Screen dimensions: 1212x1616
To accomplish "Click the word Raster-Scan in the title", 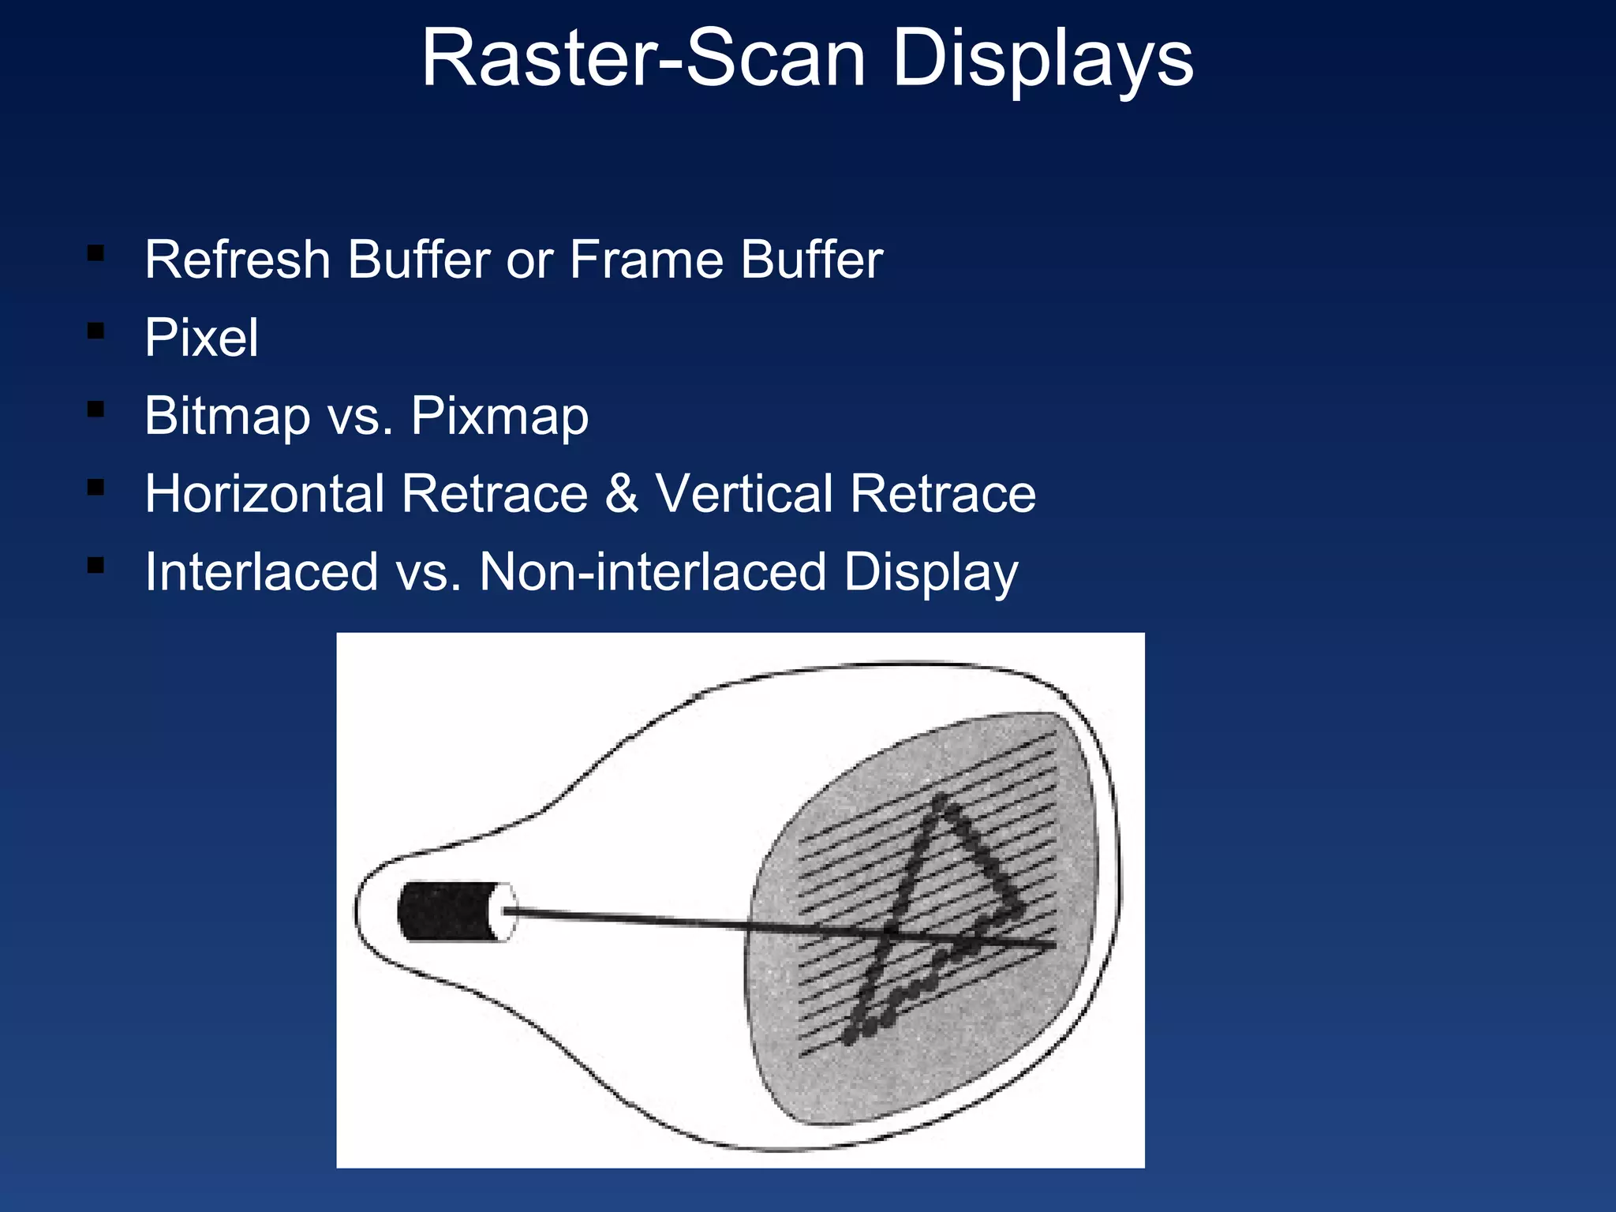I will [x=643, y=58].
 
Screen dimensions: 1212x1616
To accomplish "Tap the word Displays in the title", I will [x=1042, y=58].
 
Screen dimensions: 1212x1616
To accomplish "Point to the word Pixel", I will [x=201, y=338].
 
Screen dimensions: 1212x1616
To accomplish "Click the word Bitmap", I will [x=227, y=416].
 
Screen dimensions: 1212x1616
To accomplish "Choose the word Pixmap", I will [x=499, y=416].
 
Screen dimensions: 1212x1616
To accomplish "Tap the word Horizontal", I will [x=264, y=494].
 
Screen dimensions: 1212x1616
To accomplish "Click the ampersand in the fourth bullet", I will [x=622, y=494].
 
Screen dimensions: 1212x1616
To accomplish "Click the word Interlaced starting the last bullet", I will [x=261, y=572].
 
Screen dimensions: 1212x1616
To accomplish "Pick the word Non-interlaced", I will [x=653, y=572].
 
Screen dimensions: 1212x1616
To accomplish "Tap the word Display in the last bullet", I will [x=931, y=572].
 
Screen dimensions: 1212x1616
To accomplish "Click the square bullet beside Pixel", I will [x=96, y=331].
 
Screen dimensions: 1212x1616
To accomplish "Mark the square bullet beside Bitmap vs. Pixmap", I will [x=96, y=410].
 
